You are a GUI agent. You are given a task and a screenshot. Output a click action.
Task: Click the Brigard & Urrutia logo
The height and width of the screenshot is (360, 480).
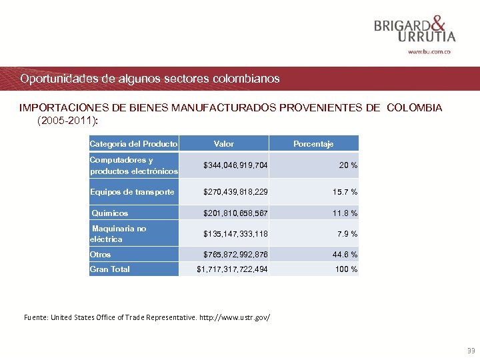pos(415,28)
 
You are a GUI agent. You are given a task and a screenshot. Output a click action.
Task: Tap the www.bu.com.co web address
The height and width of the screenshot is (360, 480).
pos(429,51)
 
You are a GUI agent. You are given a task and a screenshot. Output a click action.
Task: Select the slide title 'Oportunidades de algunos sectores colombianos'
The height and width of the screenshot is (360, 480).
pos(150,79)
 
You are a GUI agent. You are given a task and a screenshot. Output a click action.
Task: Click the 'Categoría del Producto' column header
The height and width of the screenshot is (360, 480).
pos(133,143)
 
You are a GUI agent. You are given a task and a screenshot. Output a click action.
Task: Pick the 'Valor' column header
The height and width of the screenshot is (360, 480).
pos(223,143)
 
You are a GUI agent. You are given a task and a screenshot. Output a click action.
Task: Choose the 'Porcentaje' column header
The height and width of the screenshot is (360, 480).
pos(313,143)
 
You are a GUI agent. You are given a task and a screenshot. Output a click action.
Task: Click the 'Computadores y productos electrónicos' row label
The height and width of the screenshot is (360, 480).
pos(133,165)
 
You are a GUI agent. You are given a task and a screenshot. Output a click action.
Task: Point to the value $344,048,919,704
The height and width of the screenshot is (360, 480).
pos(236,165)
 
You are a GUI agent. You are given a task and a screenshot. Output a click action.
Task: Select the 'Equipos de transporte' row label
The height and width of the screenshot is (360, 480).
pos(132,192)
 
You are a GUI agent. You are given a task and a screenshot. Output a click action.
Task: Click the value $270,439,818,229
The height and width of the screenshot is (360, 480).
pos(236,192)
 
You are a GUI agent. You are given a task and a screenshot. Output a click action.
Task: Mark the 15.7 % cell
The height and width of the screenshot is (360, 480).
pos(345,192)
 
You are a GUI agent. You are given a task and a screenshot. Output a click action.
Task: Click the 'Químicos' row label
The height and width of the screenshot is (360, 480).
pos(110,213)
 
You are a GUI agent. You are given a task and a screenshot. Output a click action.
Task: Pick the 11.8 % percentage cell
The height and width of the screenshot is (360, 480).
pos(345,213)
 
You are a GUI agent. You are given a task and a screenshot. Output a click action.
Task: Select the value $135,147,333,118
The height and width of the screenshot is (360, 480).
pos(236,233)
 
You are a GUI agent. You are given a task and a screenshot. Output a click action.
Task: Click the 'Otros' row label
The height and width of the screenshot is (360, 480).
pos(101,255)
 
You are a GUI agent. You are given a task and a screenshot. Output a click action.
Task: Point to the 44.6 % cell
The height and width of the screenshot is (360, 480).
pos(345,255)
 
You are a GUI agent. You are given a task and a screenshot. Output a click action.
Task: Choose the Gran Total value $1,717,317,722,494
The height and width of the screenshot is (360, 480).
pos(232,269)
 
